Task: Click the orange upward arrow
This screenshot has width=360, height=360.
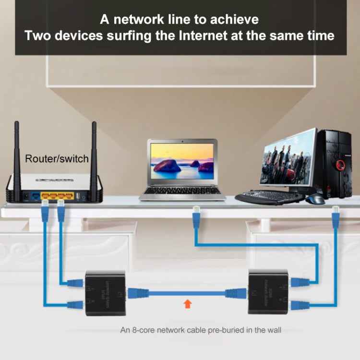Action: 187,303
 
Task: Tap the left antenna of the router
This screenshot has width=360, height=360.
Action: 16,154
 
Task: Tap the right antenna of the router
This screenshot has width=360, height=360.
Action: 94,154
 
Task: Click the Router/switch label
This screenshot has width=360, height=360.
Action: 57,158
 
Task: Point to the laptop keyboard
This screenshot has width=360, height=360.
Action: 182,191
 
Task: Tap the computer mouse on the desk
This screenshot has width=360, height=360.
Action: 316,198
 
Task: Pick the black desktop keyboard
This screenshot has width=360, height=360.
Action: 269,197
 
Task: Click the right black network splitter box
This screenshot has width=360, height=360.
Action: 268,291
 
